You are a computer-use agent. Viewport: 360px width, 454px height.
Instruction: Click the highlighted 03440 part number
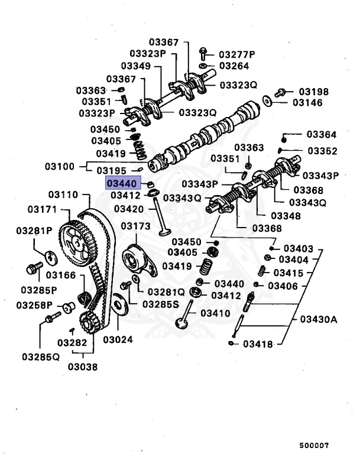(122, 184)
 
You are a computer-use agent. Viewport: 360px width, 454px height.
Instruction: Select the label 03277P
(236, 54)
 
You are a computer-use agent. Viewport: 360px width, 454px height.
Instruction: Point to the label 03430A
(317, 320)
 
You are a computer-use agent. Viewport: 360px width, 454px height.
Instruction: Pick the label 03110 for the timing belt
(63, 194)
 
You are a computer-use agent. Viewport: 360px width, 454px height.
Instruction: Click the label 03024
(118, 339)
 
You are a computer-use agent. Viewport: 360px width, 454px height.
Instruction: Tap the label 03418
(258, 343)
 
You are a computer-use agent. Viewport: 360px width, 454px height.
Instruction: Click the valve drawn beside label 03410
(184, 316)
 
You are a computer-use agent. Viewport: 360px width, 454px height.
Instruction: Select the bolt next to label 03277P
(203, 53)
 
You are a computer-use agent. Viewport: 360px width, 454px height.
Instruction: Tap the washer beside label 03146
(268, 102)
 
